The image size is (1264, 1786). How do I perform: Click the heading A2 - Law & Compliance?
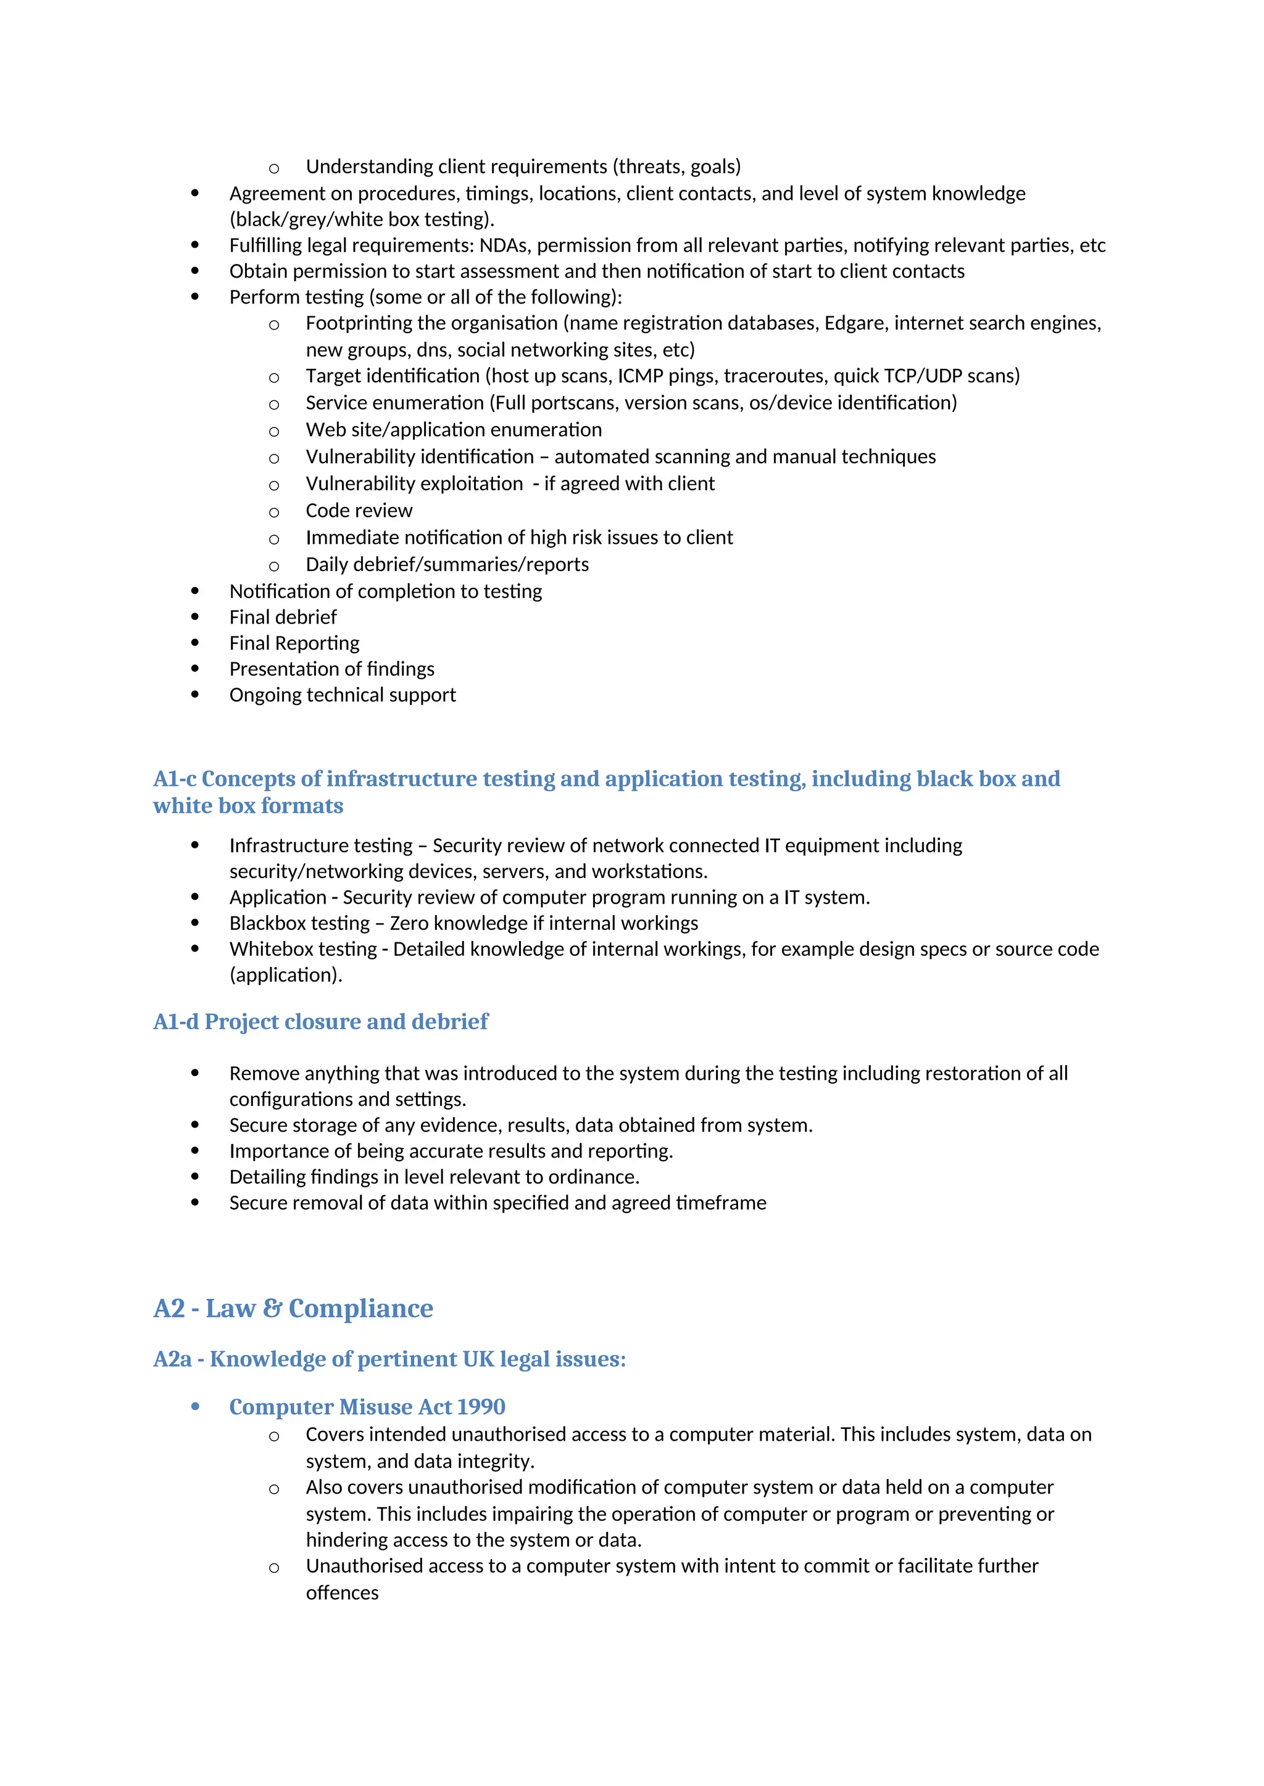[x=293, y=1309]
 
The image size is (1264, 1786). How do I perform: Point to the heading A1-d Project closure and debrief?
[x=321, y=1021]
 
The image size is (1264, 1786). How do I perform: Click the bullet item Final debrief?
[x=283, y=617]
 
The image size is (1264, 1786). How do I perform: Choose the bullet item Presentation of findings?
[x=331, y=669]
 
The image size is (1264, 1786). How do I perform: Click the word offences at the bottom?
[x=342, y=1592]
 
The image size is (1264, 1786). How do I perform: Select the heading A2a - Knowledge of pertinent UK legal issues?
[x=389, y=1359]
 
